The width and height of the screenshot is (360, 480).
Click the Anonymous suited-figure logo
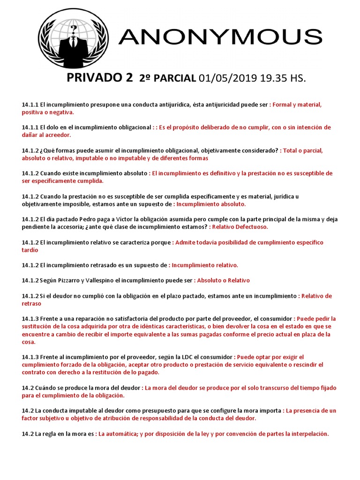pyautogui.click(x=73, y=38)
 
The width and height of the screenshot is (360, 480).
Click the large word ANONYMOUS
pyautogui.click(x=220, y=37)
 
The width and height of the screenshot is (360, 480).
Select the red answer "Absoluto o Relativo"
pyautogui.click(x=223, y=280)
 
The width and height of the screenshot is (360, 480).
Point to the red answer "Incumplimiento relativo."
pyautogui.click(x=205, y=265)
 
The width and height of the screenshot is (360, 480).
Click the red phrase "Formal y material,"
pyautogui.click(x=297, y=105)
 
